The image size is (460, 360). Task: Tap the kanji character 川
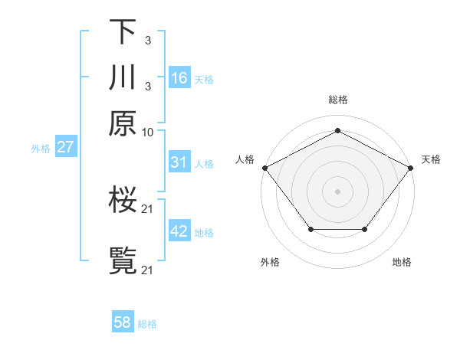click(x=123, y=77)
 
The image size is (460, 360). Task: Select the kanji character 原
click(x=123, y=123)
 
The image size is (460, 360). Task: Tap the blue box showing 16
click(x=179, y=78)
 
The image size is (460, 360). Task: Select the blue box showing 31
click(x=179, y=162)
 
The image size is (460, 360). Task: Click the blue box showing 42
click(x=179, y=231)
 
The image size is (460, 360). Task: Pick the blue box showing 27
click(x=65, y=147)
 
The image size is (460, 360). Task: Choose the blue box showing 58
click(x=123, y=322)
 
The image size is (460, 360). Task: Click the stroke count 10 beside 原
click(x=148, y=132)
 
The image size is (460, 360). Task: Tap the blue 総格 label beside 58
click(x=147, y=324)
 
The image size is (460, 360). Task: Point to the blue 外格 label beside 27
click(x=41, y=149)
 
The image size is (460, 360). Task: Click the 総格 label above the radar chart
click(x=337, y=100)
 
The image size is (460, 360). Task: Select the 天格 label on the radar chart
click(x=431, y=159)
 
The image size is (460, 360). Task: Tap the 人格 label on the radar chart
click(x=245, y=159)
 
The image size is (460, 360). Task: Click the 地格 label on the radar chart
click(x=402, y=262)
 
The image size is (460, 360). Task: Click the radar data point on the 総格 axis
click(x=337, y=130)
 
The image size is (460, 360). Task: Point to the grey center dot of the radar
click(x=337, y=191)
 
